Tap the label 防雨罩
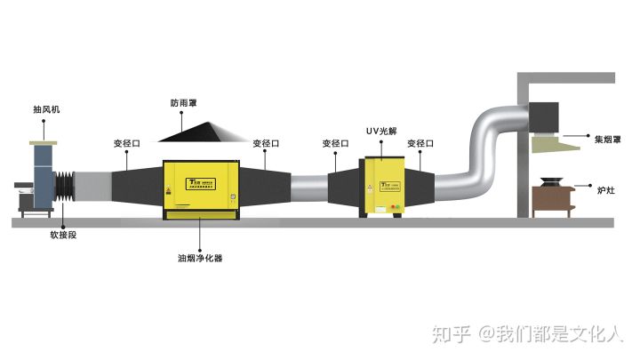point(186,102)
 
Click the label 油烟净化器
point(199,259)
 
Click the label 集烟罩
point(608,138)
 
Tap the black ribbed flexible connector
point(66,188)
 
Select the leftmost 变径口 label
point(127,142)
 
